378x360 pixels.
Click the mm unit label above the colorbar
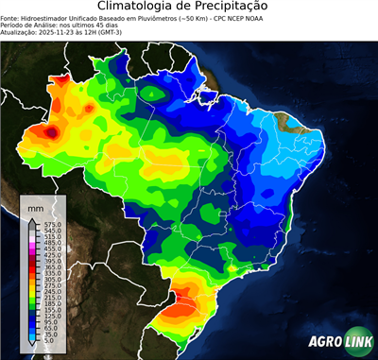36,206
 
